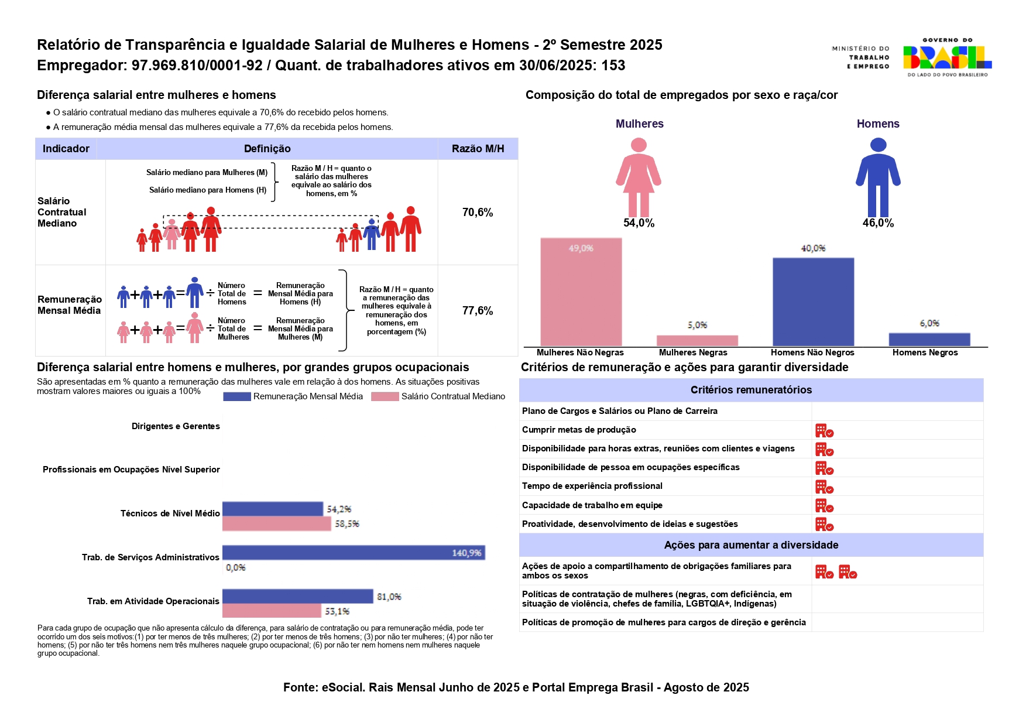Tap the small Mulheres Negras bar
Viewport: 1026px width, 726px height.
(x=697, y=340)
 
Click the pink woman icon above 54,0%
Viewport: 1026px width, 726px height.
(x=639, y=176)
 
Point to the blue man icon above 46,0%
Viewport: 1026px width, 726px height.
(x=878, y=176)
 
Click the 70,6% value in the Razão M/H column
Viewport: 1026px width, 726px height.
(x=478, y=213)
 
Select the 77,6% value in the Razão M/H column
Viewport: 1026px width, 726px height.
(x=478, y=311)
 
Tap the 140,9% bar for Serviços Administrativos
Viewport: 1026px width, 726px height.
(x=354, y=553)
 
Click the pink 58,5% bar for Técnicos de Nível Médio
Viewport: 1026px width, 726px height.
(x=276, y=523)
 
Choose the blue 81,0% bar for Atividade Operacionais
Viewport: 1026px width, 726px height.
(x=297, y=596)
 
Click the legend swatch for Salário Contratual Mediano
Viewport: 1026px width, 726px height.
(x=385, y=397)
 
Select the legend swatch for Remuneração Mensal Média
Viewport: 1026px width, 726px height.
(x=236, y=397)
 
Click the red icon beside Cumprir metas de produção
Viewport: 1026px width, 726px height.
(x=824, y=431)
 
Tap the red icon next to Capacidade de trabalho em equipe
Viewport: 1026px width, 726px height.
(x=824, y=506)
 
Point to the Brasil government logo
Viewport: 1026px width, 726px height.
(x=947, y=57)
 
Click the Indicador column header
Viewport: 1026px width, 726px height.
(x=66, y=149)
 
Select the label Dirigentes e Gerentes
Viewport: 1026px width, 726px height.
(x=176, y=426)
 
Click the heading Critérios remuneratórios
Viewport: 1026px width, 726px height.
(x=751, y=390)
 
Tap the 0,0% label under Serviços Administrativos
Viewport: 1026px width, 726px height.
(x=236, y=567)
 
